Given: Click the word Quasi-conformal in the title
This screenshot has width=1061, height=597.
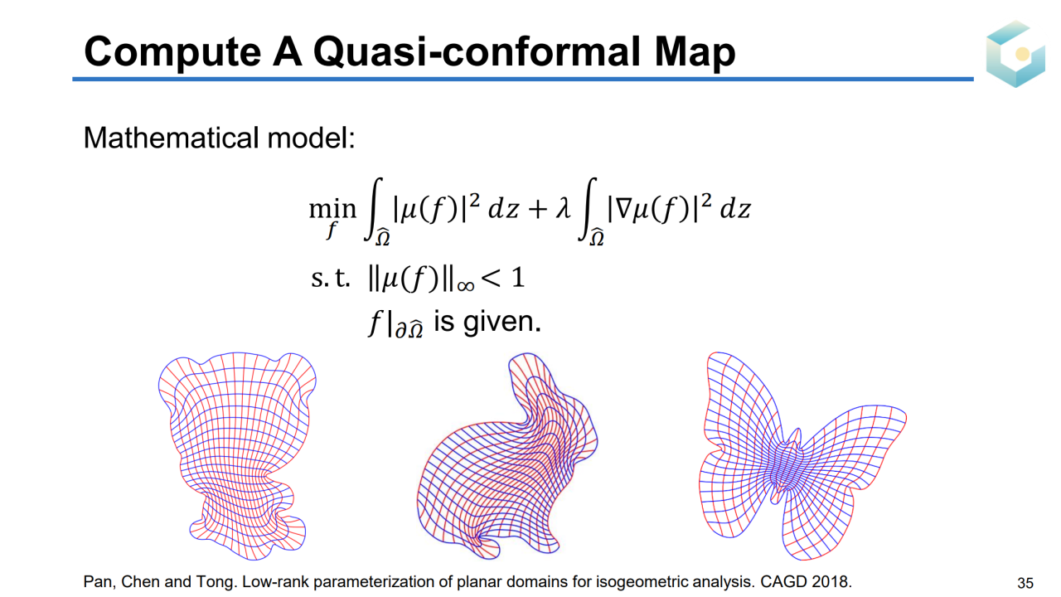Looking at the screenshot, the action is (477, 51).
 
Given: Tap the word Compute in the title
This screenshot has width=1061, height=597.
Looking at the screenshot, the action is (172, 52).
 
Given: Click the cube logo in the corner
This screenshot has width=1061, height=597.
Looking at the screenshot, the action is (1015, 54).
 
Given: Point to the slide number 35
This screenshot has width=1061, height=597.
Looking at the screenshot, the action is (1025, 582).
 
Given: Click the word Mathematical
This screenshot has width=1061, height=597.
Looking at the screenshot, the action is (172, 138).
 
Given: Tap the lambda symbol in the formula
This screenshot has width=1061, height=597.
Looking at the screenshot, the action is (563, 208).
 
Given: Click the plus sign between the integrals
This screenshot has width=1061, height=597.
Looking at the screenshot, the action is (538, 210).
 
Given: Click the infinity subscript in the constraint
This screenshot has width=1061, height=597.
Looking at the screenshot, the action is (466, 286).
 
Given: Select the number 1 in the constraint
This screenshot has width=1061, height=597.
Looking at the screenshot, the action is (519, 277).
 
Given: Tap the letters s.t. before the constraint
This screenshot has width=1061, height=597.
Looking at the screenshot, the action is (330, 278).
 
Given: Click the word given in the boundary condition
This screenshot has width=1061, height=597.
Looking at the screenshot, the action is (501, 323).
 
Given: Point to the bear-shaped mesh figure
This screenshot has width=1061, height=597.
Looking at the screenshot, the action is (237, 456).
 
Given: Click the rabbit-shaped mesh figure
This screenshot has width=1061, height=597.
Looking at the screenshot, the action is (506, 456).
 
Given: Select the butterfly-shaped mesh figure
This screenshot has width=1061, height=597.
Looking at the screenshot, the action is (802, 456).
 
